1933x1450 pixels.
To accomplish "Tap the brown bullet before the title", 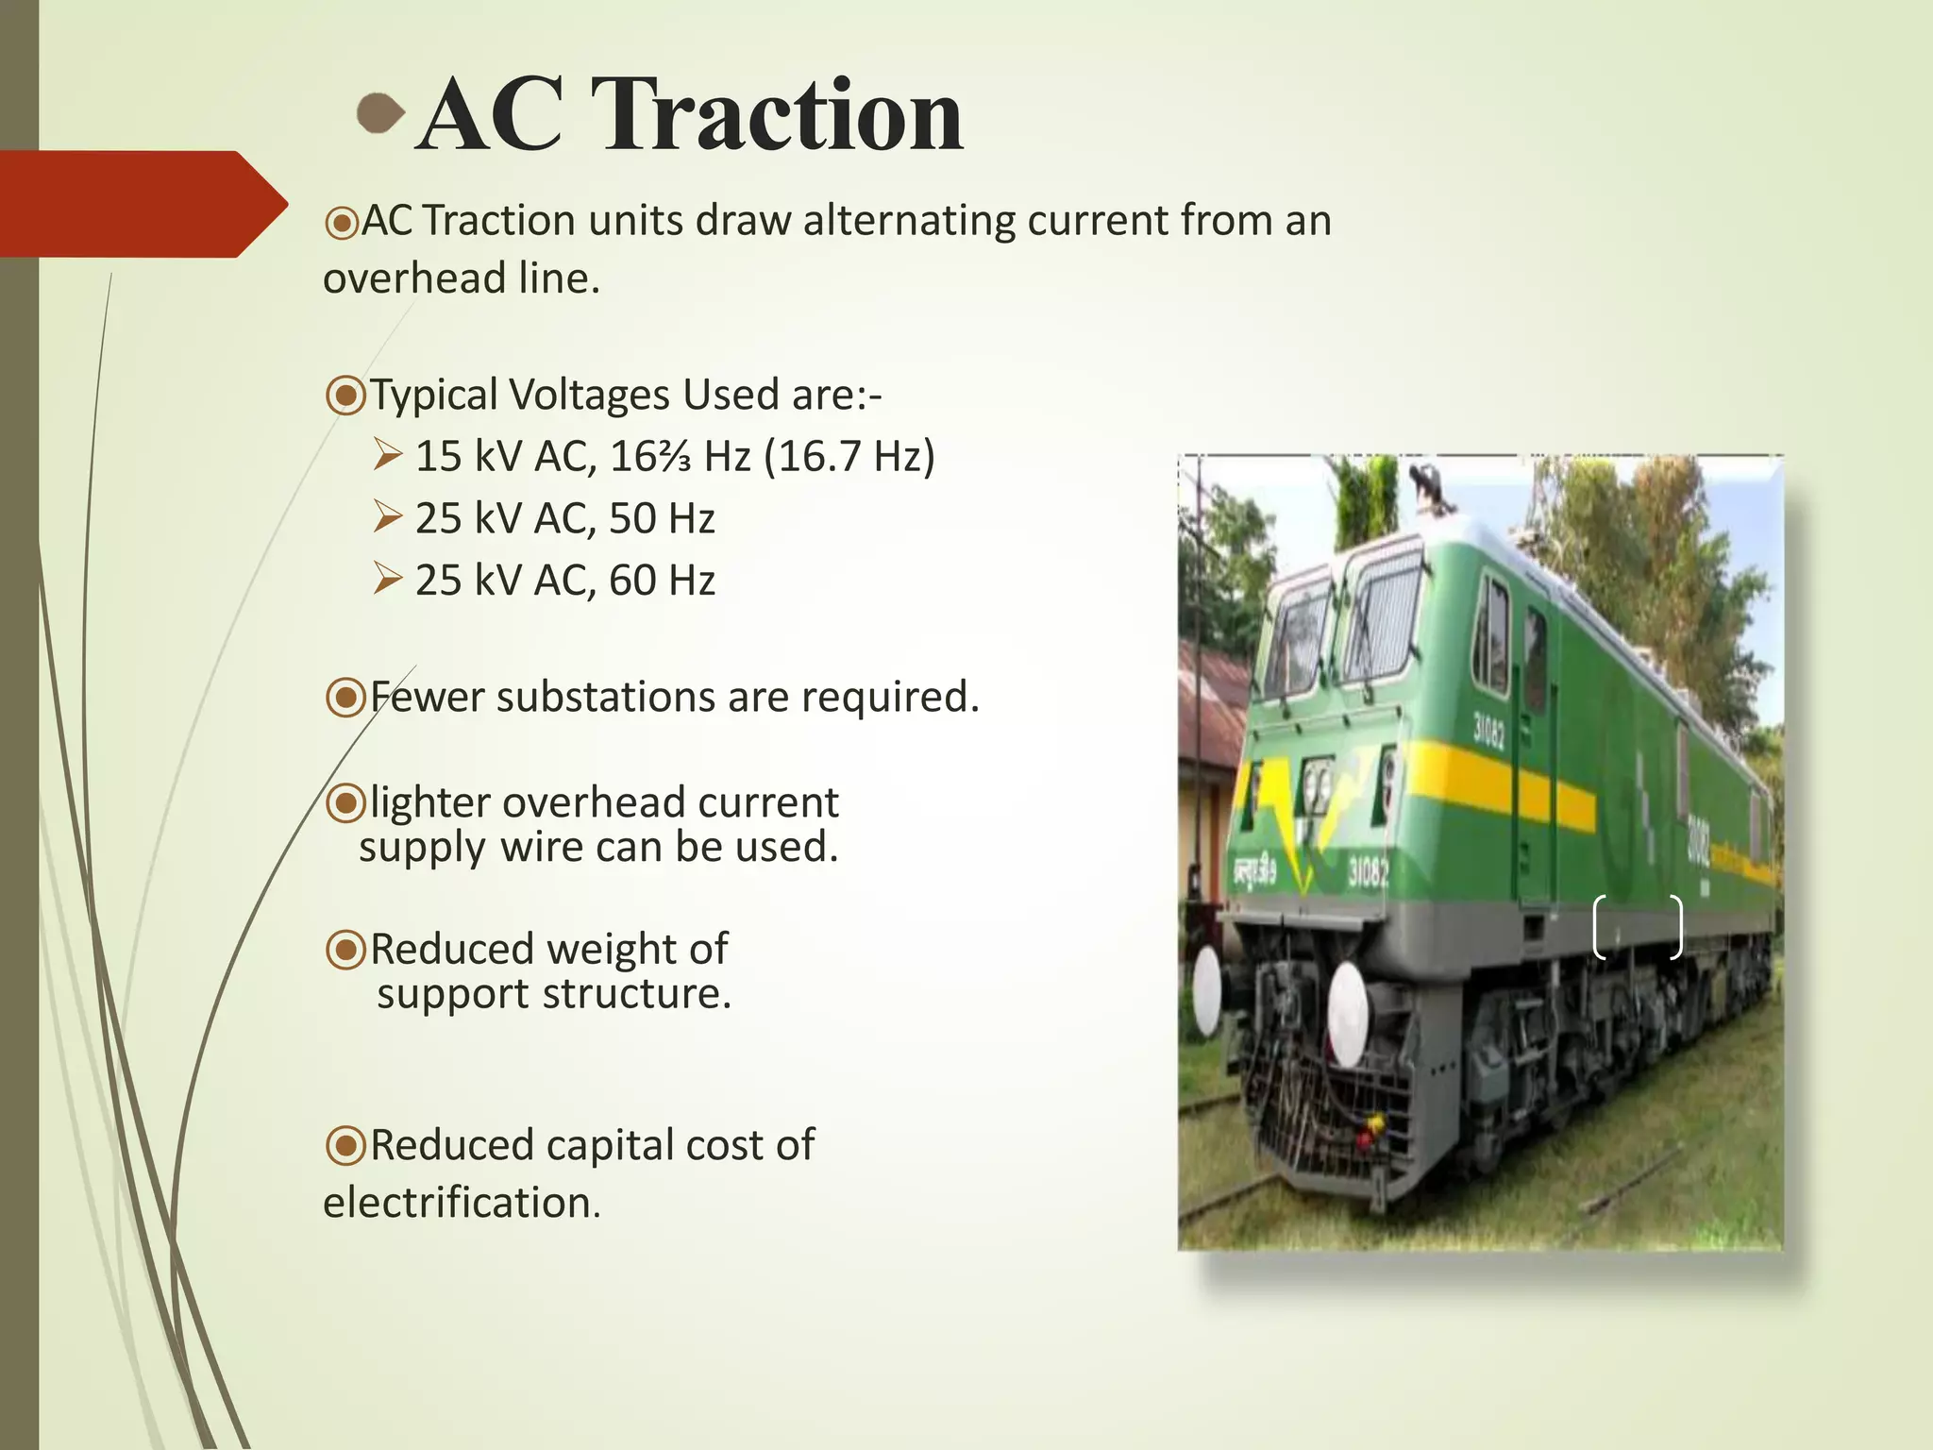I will (380, 113).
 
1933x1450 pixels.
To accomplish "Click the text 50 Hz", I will (662, 518).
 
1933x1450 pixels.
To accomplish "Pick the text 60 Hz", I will (662, 580).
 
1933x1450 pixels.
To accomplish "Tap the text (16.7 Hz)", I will (849, 456).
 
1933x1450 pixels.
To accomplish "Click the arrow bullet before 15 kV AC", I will (387, 455).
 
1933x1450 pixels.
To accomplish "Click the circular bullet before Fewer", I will (345, 698).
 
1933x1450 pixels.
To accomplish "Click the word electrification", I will (462, 1203).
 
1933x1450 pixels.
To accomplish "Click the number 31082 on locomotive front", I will (1368, 873).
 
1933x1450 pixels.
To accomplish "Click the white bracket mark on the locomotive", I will (1638, 927).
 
